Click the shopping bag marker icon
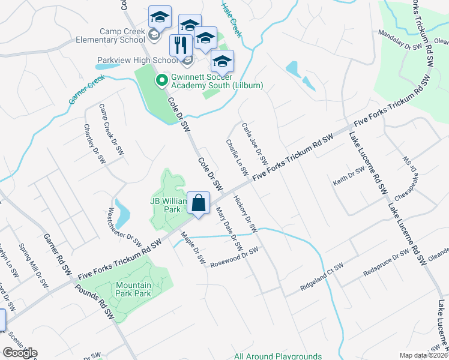click(x=199, y=203)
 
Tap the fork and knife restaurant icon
click(x=180, y=45)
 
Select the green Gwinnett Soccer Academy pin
click(x=161, y=80)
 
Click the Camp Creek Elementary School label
click(x=113, y=35)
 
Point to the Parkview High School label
click(x=137, y=60)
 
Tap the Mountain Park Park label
click(x=133, y=289)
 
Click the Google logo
click(x=20, y=353)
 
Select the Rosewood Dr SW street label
click(x=234, y=257)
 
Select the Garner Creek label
click(x=86, y=89)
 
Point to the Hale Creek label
click(x=232, y=19)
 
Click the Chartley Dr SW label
click(x=94, y=144)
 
